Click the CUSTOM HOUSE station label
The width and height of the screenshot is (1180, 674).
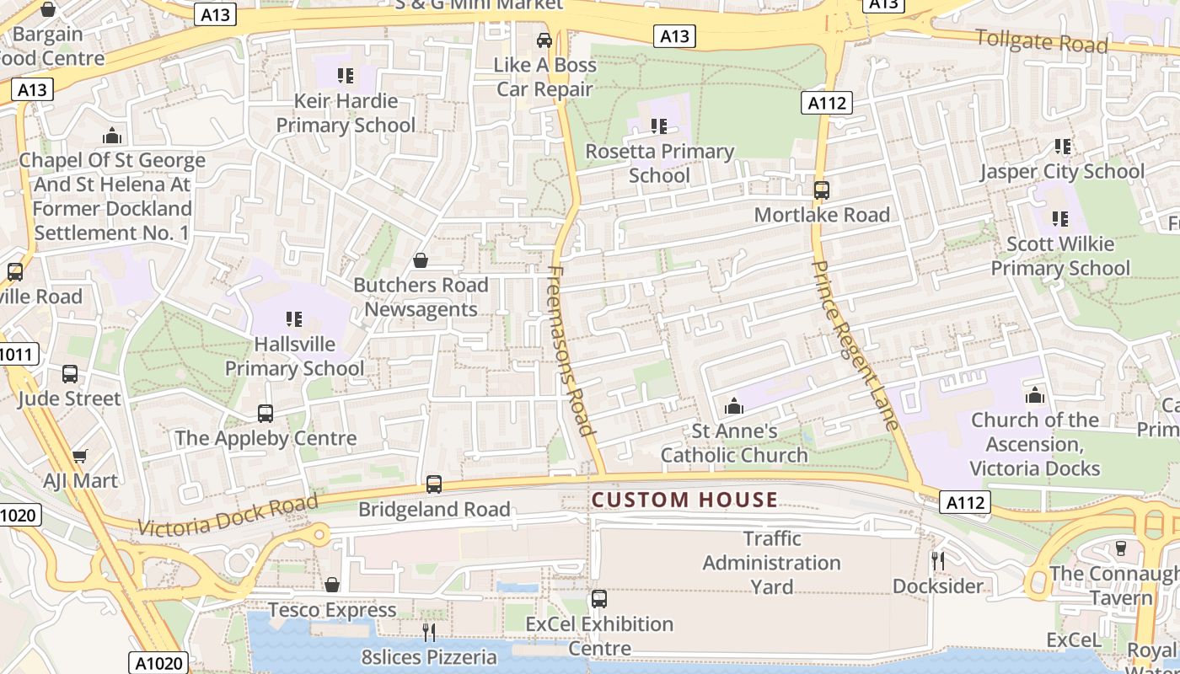(684, 500)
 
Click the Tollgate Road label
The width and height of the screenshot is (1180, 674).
(1041, 40)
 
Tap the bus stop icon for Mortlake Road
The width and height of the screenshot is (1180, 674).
(822, 190)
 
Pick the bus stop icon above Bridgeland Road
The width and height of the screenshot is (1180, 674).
(434, 484)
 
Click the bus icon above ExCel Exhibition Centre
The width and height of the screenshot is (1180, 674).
(599, 599)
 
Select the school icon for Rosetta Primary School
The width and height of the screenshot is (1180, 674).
(659, 126)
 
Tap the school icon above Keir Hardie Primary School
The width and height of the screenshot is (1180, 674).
(345, 76)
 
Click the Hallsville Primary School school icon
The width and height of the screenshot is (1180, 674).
(294, 319)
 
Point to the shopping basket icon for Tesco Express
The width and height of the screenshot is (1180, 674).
(332, 585)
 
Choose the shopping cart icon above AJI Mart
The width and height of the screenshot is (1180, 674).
(79, 456)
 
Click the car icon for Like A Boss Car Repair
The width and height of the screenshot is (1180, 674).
(544, 40)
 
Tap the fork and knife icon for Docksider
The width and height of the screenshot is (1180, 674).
(936, 560)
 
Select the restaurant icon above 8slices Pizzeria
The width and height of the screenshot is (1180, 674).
(430, 632)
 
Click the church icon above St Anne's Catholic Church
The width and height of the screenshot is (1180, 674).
(734, 406)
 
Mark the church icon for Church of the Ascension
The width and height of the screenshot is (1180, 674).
(1035, 395)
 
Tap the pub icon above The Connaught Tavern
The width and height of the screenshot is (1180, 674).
(1120, 548)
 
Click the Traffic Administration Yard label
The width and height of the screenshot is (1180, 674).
(771, 562)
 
